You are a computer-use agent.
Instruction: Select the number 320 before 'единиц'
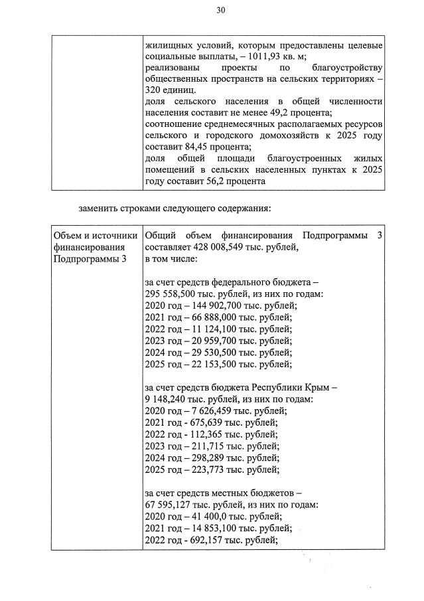154,90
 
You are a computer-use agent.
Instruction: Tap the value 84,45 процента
192,147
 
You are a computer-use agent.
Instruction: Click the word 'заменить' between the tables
100,208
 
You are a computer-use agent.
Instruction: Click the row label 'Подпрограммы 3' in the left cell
88,259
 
